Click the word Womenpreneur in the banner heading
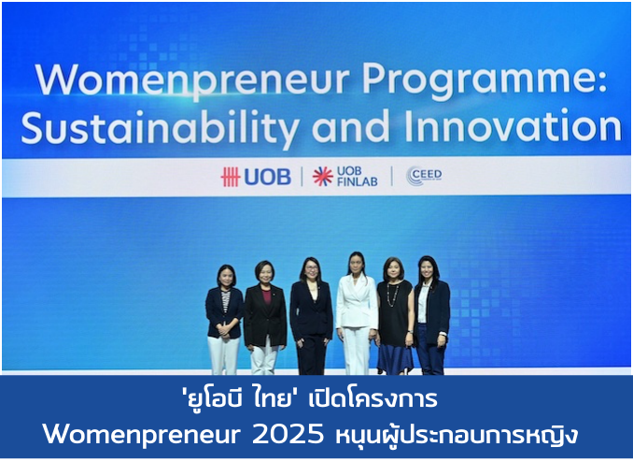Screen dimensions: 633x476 (193, 79)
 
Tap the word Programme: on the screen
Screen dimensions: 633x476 (485, 79)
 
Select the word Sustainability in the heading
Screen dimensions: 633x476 (161, 127)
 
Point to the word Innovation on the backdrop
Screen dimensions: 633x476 (513, 125)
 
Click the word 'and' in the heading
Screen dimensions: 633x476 (351, 126)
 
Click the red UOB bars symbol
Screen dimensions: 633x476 (230, 177)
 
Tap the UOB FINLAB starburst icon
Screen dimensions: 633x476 (322, 177)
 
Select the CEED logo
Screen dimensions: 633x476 (424, 176)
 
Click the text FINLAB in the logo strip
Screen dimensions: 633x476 (358, 181)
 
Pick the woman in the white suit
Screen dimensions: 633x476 (356, 313)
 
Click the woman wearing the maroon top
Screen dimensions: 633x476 (265, 318)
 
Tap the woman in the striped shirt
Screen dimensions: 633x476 (224, 320)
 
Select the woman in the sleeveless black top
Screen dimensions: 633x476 (394, 316)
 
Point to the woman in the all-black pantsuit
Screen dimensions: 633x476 (311, 316)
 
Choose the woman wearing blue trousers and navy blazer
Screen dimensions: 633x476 (431, 315)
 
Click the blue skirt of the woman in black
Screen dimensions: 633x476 (394, 358)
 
